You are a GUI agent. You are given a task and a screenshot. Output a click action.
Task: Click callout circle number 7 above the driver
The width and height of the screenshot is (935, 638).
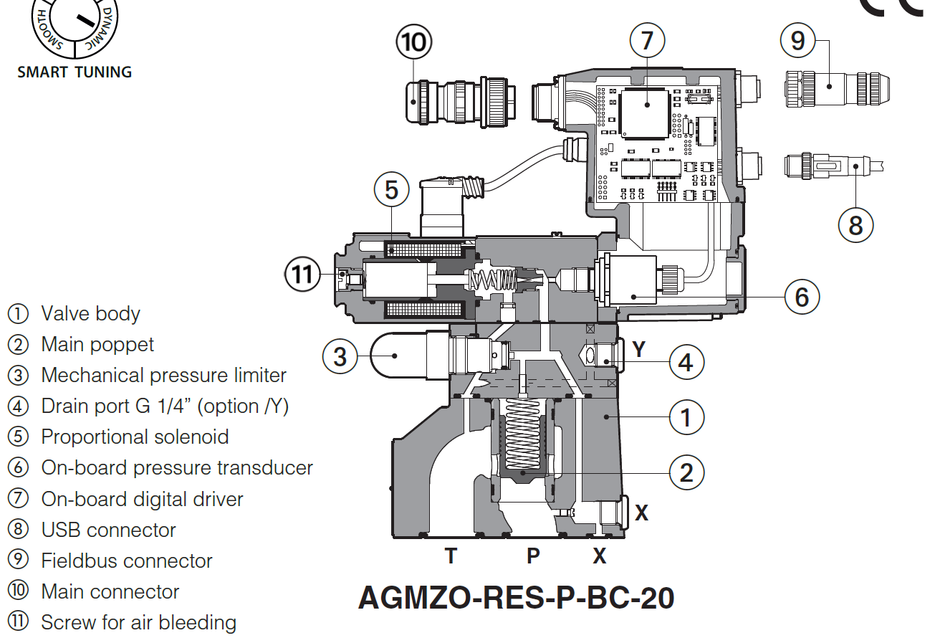click(648, 41)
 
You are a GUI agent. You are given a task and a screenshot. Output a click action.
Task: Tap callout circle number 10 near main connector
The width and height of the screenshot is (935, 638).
click(414, 42)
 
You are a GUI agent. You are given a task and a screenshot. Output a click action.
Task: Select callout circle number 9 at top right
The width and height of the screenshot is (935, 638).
click(798, 41)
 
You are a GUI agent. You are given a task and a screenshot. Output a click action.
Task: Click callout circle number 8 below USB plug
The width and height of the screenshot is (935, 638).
click(856, 225)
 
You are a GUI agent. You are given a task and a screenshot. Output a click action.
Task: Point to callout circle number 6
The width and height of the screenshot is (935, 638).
click(802, 295)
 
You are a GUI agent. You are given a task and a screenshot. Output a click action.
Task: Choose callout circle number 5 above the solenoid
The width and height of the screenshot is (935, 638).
click(391, 190)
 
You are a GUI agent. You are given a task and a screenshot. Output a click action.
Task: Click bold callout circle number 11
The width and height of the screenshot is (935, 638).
click(303, 275)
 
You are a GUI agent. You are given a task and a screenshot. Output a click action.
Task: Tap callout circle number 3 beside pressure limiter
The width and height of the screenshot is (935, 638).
click(340, 356)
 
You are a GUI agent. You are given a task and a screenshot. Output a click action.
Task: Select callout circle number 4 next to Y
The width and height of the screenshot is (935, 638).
click(686, 363)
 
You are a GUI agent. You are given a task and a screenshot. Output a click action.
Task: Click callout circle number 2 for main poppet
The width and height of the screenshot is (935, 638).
click(686, 472)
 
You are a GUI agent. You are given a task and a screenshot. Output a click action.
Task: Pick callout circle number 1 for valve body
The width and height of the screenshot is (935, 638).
click(686, 416)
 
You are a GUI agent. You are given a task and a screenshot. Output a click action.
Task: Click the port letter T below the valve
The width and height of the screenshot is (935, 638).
click(450, 556)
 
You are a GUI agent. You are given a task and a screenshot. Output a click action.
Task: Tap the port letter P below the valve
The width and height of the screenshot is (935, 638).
click(533, 556)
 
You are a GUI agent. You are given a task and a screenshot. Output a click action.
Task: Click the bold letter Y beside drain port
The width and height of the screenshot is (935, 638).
click(640, 349)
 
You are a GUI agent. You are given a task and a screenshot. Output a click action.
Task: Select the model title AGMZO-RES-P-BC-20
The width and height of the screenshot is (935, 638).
click(516, 597)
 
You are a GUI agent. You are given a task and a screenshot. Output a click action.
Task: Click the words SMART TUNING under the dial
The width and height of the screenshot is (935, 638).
click(75, 72)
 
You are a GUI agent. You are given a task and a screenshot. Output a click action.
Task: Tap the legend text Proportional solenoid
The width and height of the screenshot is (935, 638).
click(135, 437)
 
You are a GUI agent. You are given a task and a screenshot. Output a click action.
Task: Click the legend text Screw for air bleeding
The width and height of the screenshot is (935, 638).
click(138, 622)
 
